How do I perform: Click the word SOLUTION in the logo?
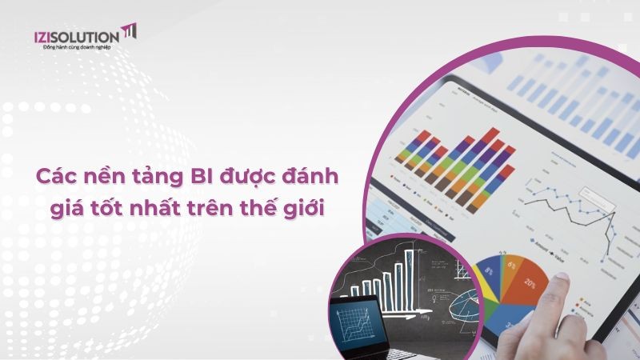89,35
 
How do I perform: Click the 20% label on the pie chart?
530,283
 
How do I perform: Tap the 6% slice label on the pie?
510,262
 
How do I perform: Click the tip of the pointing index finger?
560,278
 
